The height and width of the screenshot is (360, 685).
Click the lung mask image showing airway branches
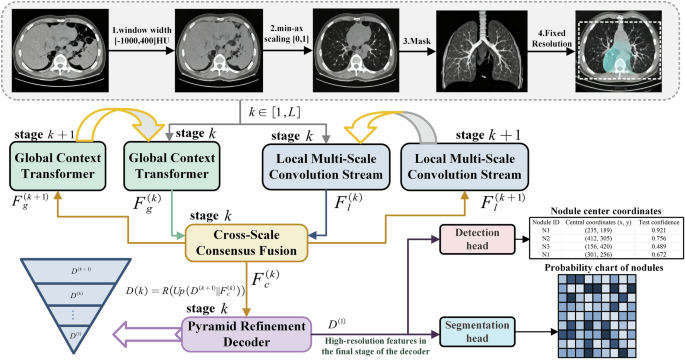473,48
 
